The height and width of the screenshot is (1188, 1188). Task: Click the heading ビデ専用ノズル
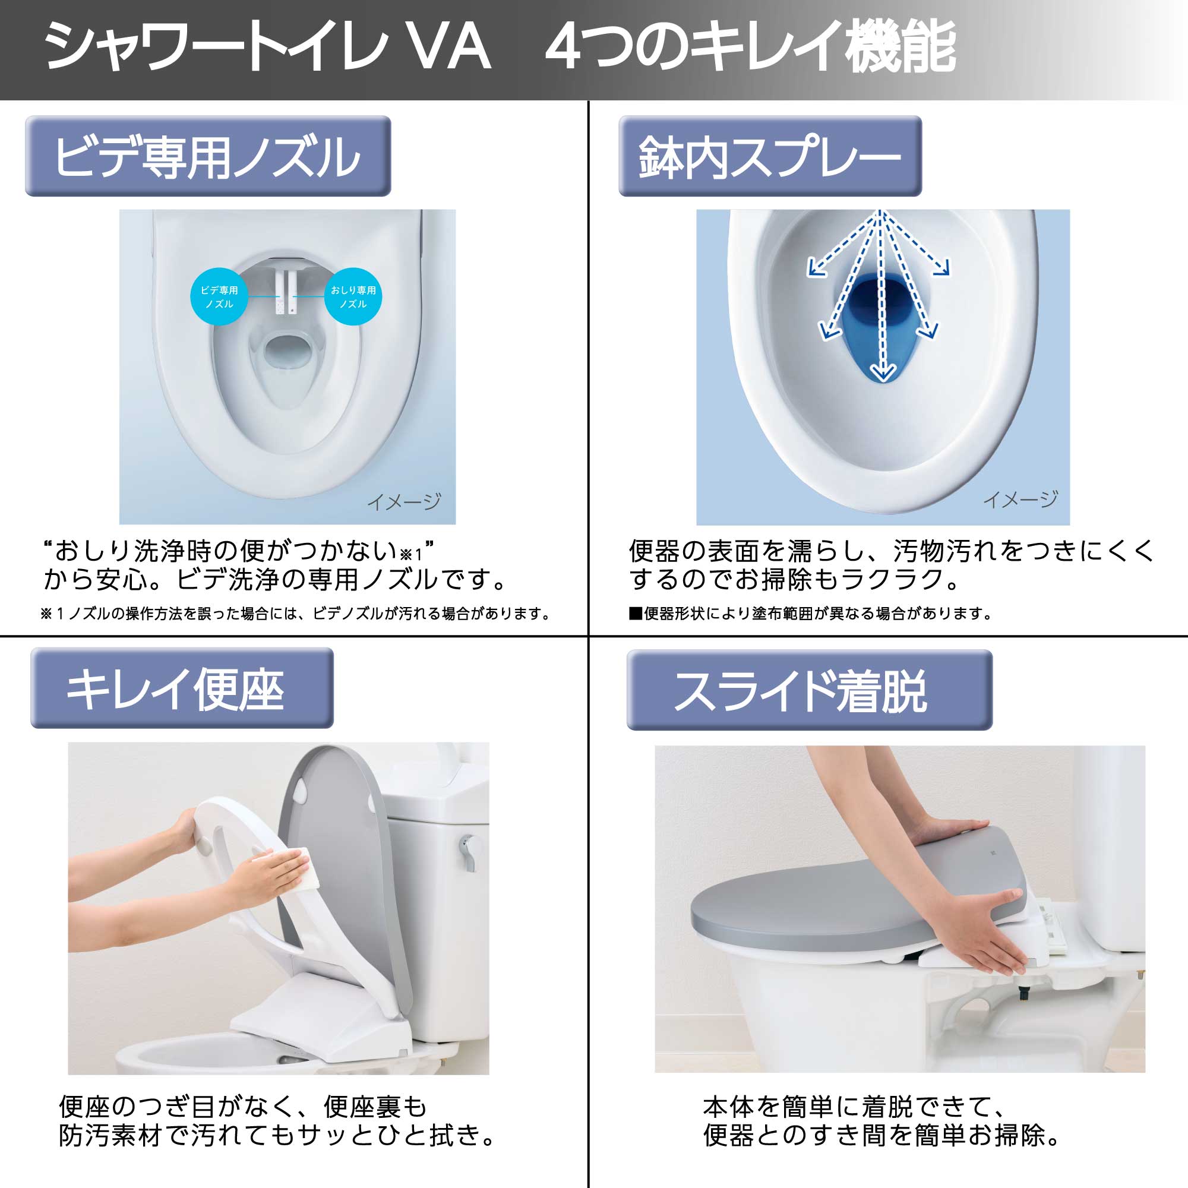pyautogui.click(x=208, y=156)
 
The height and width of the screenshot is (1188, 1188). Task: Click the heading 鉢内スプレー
pyautogui.click(x=770, y=156)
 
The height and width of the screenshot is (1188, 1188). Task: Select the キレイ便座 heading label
pyautogui.click(x=182, y=688)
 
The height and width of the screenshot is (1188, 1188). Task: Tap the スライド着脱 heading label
pyautogui.click(x=809, y=690)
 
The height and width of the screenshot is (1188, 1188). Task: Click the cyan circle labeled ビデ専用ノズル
pyautogui.click(x=219, y=297)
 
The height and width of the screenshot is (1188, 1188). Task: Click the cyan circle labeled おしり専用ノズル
pyautogui.click(x=353, y=297)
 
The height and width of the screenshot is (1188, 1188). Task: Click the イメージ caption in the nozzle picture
pyautogui.click(x=404, y=502)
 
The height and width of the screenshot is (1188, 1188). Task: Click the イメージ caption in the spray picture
pyautogui.click(x=1020, y=500)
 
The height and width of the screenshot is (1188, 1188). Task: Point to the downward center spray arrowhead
pyautogui.click(x=883, y=372)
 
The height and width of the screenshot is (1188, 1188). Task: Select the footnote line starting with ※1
pyautogui.click(x=295, y=614)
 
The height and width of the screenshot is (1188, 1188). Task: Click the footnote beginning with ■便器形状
pyautogui.click(x=810, y=614)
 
